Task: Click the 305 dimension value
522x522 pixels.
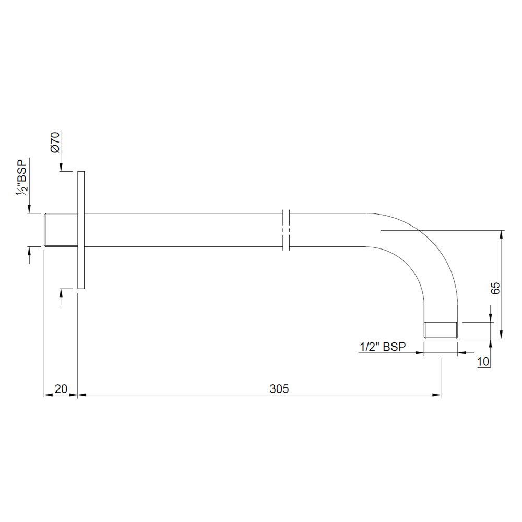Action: click(279, 388)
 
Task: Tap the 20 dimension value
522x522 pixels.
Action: click(61, 388)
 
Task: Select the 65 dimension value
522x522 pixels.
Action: click(495, 288)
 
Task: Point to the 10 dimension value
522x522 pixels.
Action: click(483, 362)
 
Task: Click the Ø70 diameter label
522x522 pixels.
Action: click(55, 142)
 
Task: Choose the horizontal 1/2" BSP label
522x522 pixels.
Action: click(383, 347)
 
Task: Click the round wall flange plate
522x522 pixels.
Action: click(81, 230)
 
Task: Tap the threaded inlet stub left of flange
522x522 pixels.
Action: click(61, 230)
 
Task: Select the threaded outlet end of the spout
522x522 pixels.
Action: click(441, 330)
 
